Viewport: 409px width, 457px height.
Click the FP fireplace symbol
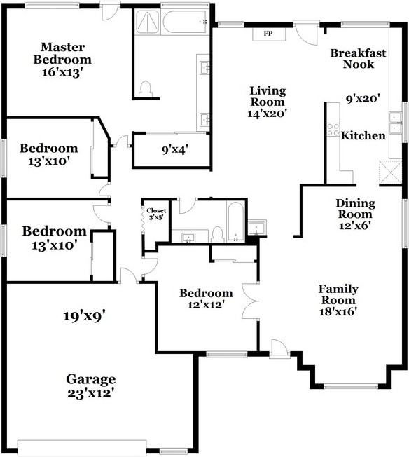point(267,33)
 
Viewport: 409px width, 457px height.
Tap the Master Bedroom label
point(62,53)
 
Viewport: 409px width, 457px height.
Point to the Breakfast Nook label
point(358,58)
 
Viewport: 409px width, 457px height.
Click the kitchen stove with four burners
point(333,130)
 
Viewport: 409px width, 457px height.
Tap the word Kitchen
point(363,135)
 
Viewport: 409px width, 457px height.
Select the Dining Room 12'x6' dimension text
point(355,226)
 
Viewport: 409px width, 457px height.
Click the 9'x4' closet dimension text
point(175,149)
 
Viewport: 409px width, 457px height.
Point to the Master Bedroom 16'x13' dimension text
point(62,72)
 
